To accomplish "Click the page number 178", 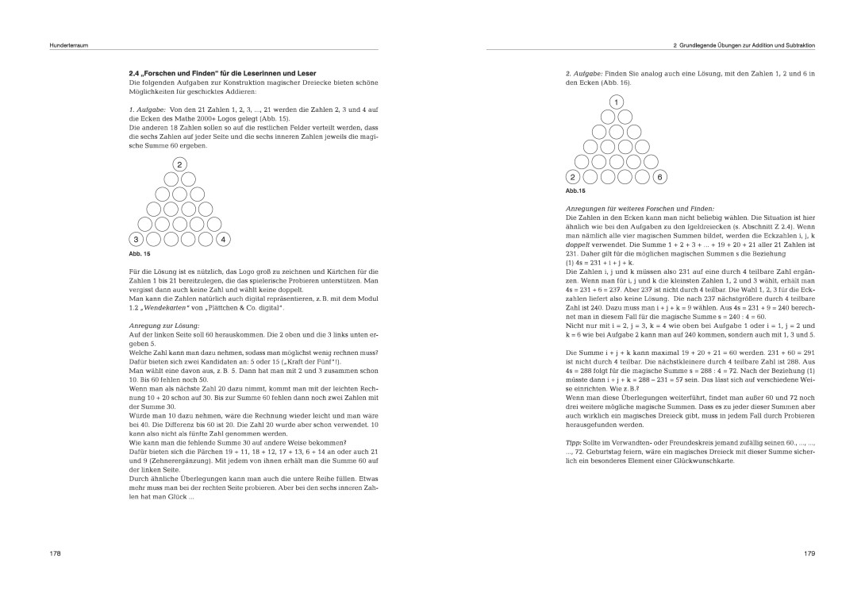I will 55,552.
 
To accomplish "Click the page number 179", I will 809,552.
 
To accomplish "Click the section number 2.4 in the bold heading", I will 135,73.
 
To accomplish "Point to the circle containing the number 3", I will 136,239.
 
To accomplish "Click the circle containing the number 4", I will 223,239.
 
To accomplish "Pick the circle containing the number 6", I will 659,177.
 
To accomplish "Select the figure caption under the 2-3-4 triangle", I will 139,254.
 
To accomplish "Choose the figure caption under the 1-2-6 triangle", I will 575,191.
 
